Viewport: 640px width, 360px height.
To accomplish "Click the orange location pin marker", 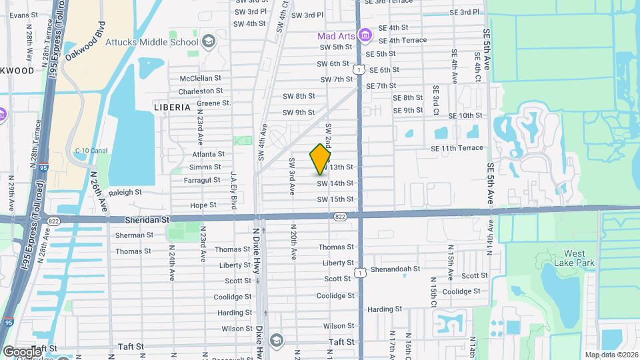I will point(321,159).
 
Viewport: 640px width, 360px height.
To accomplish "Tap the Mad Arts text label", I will point(335,36).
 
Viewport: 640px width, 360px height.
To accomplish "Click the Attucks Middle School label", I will point(152,42).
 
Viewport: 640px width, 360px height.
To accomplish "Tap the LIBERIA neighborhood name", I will point(172,107).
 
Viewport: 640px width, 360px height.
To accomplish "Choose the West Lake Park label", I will point(575,258).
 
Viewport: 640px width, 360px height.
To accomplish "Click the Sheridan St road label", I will point(147,219).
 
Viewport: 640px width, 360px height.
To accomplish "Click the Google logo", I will point(21,351).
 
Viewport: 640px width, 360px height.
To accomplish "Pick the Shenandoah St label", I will point(396,269).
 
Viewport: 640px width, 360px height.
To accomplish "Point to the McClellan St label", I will point(200,78).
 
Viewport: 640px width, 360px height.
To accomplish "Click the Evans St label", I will point(23,15).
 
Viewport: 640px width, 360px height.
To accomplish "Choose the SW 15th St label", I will point(335,199).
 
